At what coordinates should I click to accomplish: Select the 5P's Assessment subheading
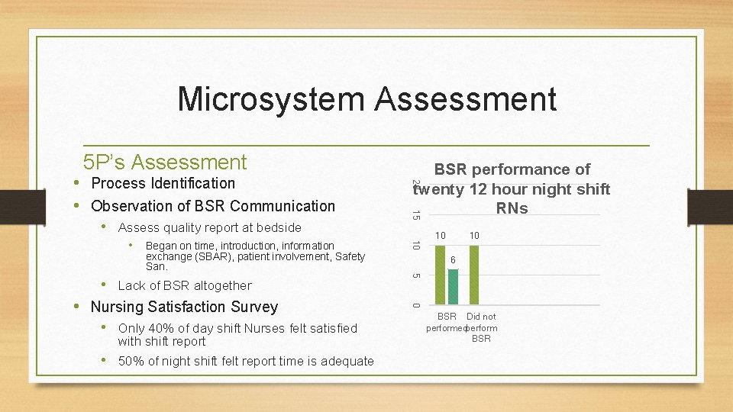pyautogui.click(x=165, y=162)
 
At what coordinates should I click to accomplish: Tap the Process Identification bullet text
pyautogui.click(x=163, y=183)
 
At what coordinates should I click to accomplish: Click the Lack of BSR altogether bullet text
pyautogui.click(x=184, y=285)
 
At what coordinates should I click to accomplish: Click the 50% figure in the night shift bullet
pyautogui.click(x=131, y=361)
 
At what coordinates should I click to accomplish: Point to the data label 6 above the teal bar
pyautogui.click(x=453, y=261)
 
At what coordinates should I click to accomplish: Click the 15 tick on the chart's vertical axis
pyautogui.click(x=413, y=214)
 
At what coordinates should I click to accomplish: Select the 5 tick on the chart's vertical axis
pyautogui.click(x=413, y=275)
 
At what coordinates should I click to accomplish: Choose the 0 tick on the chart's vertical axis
pyautogui.click(x=413, y=306)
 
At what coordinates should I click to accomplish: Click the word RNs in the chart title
pyautogui.click(x=512, y=208)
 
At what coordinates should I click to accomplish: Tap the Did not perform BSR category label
pyautogui.click(x=481, y=327)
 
